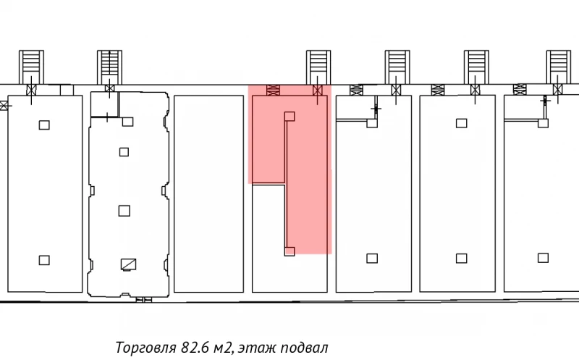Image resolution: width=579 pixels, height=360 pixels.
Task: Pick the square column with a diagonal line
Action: tap(129, 264)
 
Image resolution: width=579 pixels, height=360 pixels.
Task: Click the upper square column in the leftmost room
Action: tap(44, 125)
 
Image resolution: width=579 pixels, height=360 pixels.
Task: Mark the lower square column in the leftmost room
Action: tap(44, 260)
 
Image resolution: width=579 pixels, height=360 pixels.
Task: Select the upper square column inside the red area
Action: tap(289, 116)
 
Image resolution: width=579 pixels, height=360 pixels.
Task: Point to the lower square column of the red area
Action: tap(289, 251)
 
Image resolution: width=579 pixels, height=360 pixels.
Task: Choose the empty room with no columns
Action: tap(208, 193)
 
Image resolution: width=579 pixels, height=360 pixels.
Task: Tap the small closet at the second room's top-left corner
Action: tap(104, 104)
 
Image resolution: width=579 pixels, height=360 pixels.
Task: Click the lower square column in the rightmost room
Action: tap(543, 257)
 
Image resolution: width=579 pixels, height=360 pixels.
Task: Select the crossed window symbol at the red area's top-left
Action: tap(273, 90)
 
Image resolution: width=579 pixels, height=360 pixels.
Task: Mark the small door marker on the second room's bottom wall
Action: tap(145, 298)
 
